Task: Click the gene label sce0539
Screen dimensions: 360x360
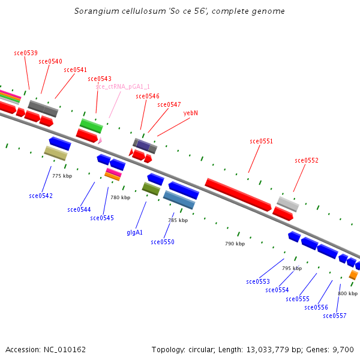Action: (x=26, y=53)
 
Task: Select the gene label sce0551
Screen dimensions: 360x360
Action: (x=261, y=142)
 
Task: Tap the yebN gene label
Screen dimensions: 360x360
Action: (x=191, y=113)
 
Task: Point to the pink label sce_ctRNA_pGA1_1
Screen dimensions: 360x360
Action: (x=122, y=86)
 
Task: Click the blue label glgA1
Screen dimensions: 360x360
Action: (x=134, y=232)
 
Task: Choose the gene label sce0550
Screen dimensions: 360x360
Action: (x=163, y=242)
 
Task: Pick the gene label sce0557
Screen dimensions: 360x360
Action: (x=334, y=316)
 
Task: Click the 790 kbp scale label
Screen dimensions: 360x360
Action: (x=235, y=244)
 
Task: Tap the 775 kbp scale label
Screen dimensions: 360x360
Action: (x=62, y=176)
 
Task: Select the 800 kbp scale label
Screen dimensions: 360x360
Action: (x=347, y=293)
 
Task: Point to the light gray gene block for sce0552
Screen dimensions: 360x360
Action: (x=288, y=203)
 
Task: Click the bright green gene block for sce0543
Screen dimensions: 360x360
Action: (x=91, y=125)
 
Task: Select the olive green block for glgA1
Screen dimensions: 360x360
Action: (x=151, y=188)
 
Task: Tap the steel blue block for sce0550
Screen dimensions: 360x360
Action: (x=179, y=199)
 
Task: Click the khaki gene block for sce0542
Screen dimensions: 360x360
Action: (x=56, y=153)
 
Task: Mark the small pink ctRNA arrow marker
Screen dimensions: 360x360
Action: (x=100, y=140)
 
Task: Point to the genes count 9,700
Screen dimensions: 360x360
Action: (x=343, y=349)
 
